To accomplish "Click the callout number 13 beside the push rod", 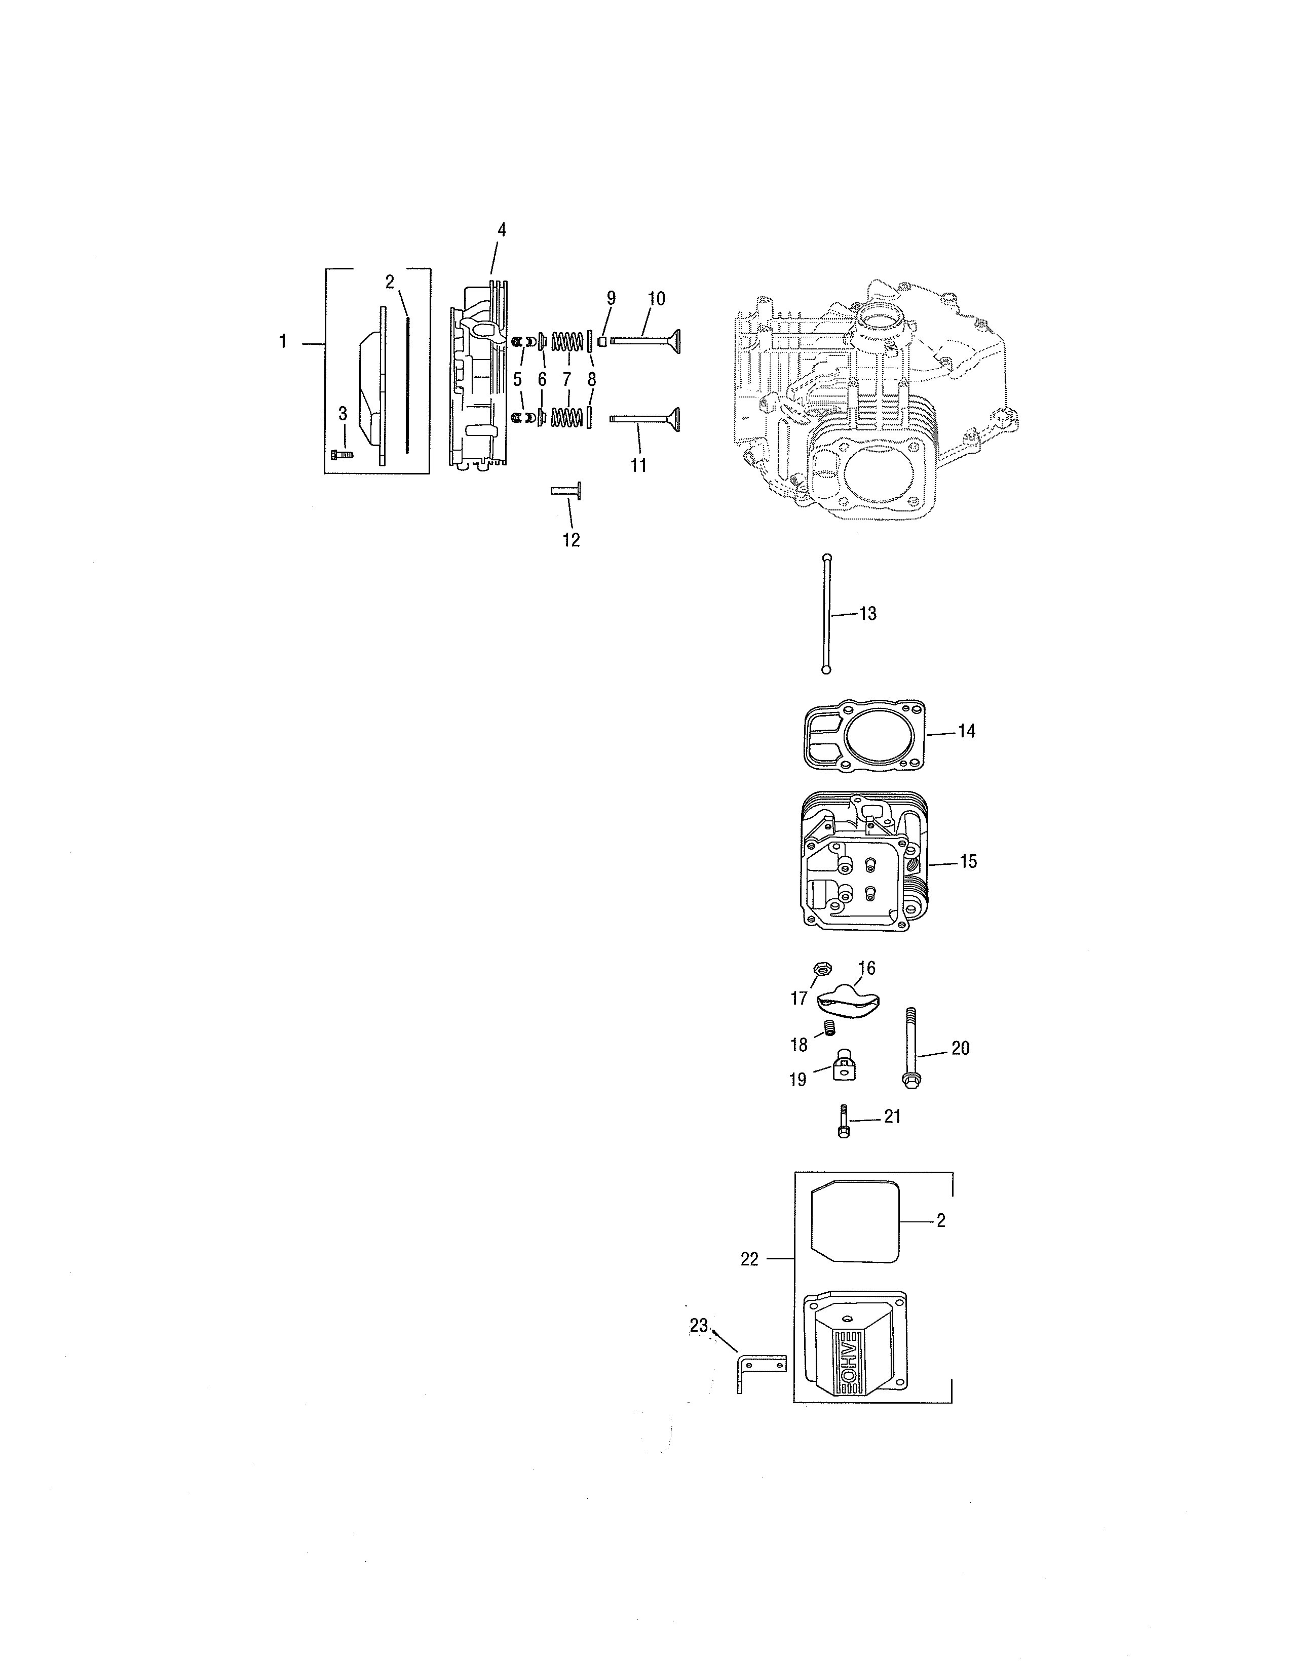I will [x=867, y=614].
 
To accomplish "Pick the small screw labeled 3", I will [x=341, y=455].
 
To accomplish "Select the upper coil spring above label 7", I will [x=567, y=340].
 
